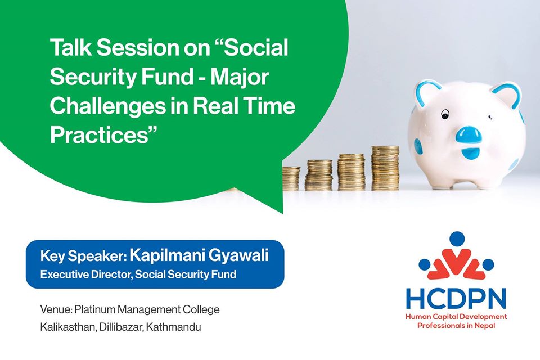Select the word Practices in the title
100,134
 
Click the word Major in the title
240,78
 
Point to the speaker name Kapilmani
166,256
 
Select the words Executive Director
86,274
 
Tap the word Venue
56,309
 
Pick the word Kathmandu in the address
173,327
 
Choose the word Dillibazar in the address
120,327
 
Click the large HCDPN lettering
456,299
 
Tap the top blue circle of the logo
457,239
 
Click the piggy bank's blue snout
469,134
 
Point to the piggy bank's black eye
445,114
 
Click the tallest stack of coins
385,168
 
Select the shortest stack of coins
291,178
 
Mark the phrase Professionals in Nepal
456,326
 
